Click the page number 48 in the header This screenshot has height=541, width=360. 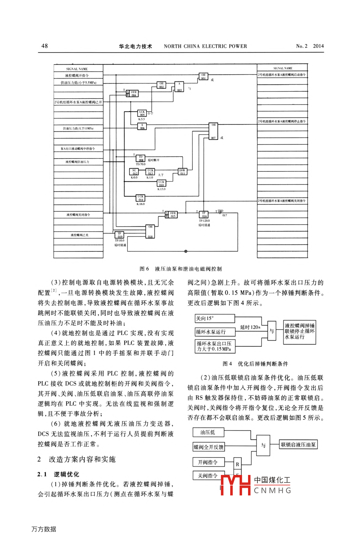coord(45,46)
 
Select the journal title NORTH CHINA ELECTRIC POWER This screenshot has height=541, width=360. coord(205,46)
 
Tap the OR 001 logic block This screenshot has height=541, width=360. coord(203,76)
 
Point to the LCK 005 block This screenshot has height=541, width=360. coord(142,113)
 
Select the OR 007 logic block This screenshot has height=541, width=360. coord(213,131)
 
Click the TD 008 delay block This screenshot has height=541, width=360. coord(141,159)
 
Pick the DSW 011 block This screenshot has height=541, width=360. coord(182,172)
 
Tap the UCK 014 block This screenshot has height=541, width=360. coord(141,198)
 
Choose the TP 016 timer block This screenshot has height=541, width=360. coord(204,215)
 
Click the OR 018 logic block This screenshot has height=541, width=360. coord(150,232)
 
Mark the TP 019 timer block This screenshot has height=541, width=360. coord(120,235)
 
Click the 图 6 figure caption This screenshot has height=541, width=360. coord(181,269)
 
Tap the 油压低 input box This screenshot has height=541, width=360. coord(208,433)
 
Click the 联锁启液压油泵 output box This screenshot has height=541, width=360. coord(298,445)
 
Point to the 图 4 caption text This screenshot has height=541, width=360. coord(255,364)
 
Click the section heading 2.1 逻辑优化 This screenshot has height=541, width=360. coord(58,474)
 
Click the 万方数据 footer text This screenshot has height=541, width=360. coord(43,529)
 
